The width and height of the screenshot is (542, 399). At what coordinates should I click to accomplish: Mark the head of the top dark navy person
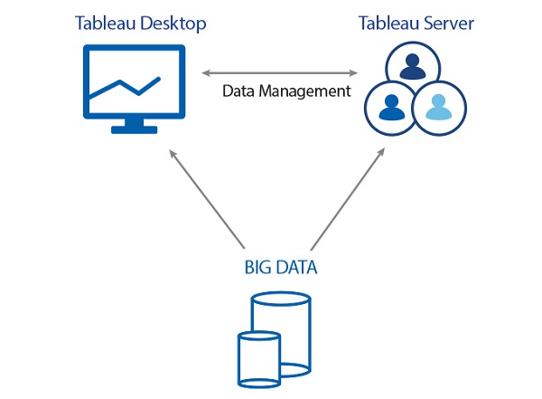tap(412, 60)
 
